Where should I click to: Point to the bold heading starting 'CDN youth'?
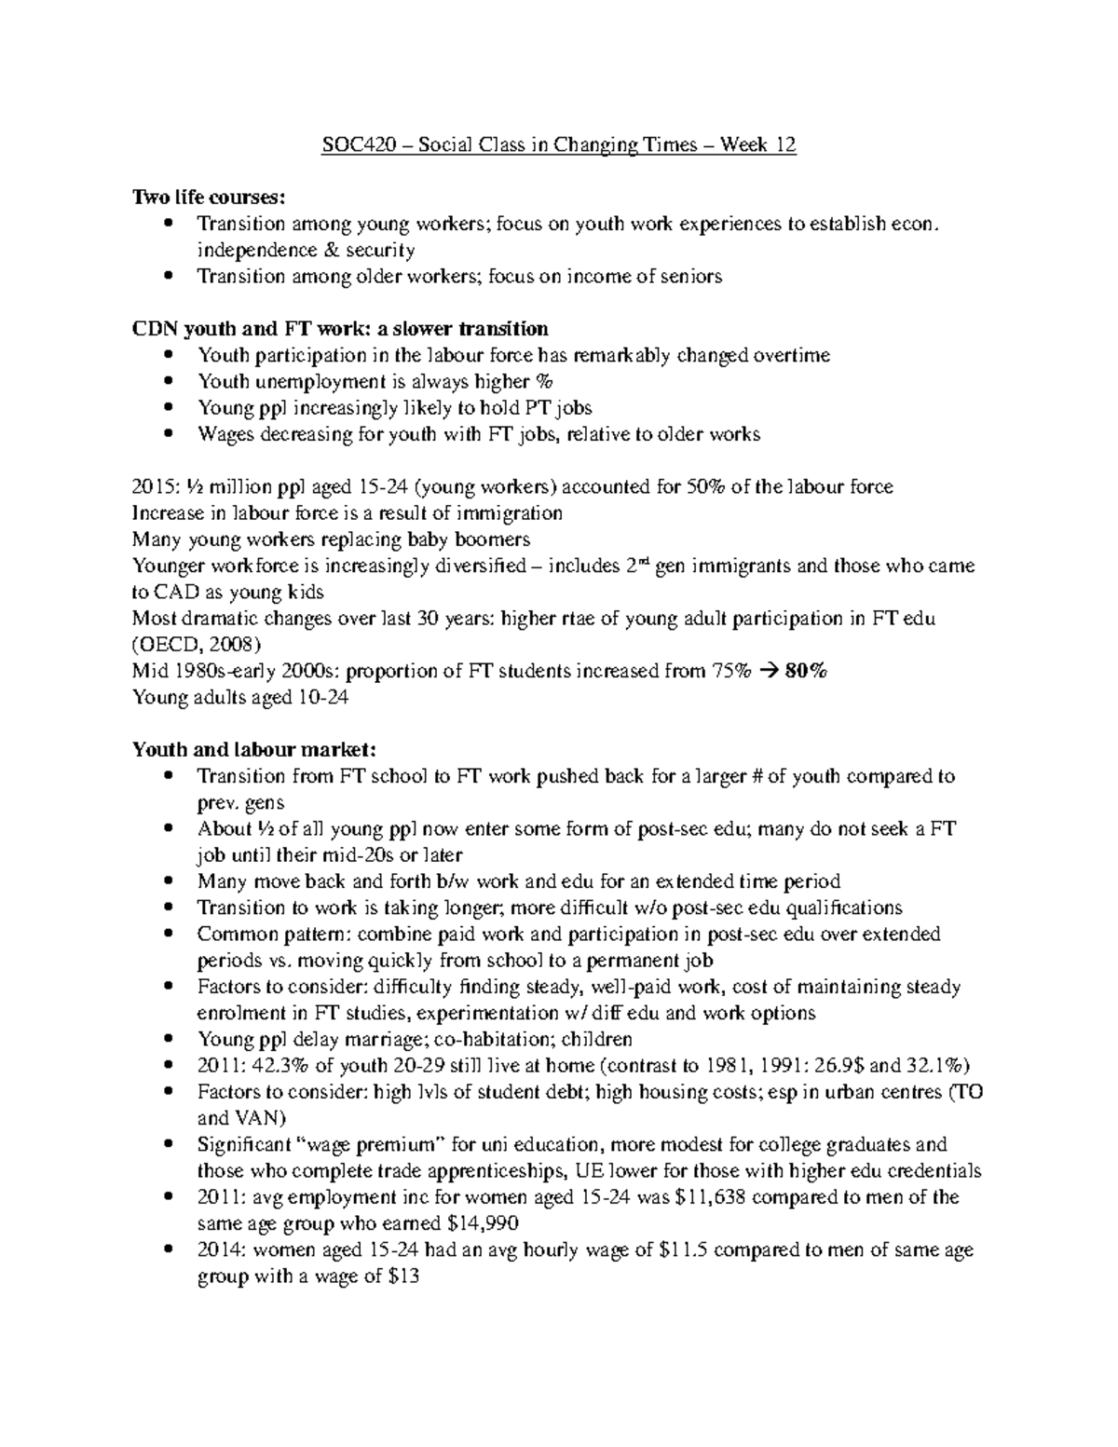(340, 328)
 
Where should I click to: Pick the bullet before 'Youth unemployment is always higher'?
(168, 381)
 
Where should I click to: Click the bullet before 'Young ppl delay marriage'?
(168, 1039)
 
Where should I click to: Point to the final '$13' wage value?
(403, 1276)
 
